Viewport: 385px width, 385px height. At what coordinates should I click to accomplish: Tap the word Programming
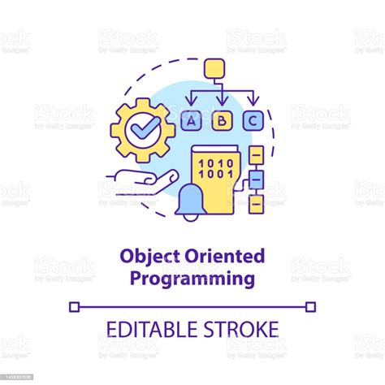(x=192, y=279)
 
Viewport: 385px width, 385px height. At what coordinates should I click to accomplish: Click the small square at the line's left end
(x=74, y=306)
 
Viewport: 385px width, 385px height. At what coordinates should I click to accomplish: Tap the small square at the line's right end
(x=311, y=306)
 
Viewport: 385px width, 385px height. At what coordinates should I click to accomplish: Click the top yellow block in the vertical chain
(x=256, y=153)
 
